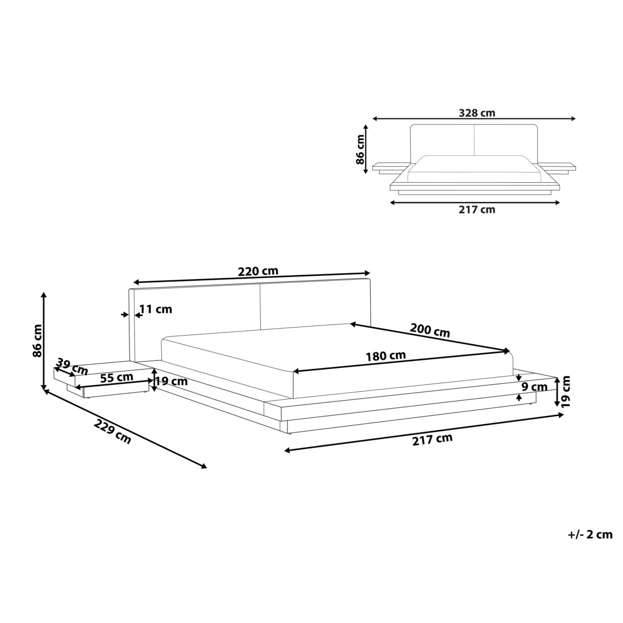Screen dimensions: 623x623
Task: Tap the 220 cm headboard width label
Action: [x=258, y=271]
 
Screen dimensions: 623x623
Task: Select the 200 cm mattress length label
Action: [x=430, y=330]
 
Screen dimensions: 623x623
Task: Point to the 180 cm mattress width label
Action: [x=386, y=356]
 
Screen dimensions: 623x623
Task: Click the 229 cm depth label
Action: [x=113, y=431]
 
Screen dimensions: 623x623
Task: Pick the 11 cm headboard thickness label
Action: [x=156, y=309]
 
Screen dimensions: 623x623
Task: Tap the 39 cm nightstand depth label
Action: [x=72, y=366]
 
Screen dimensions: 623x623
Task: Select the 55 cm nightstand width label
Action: [x=114, y=377]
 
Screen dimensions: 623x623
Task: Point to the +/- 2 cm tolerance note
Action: [x=590, y=534]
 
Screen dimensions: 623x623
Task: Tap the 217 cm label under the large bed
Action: [x=432, y=439]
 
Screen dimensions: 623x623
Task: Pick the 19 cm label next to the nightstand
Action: [x=171, y=382]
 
